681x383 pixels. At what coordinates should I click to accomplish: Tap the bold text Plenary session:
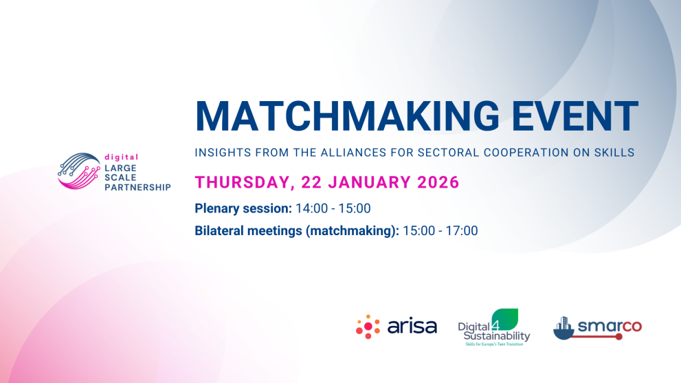click(x=243, y=208)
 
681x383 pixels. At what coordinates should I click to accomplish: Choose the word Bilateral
click(x=220, y=231)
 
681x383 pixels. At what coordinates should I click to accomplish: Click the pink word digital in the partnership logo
click(x=120, y=157)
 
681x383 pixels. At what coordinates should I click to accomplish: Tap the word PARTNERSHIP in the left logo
click(x=136, y=187)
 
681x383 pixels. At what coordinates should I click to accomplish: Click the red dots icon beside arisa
click(x=368, y=327)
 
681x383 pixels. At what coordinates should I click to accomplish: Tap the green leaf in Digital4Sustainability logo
click(x=506, y=319)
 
